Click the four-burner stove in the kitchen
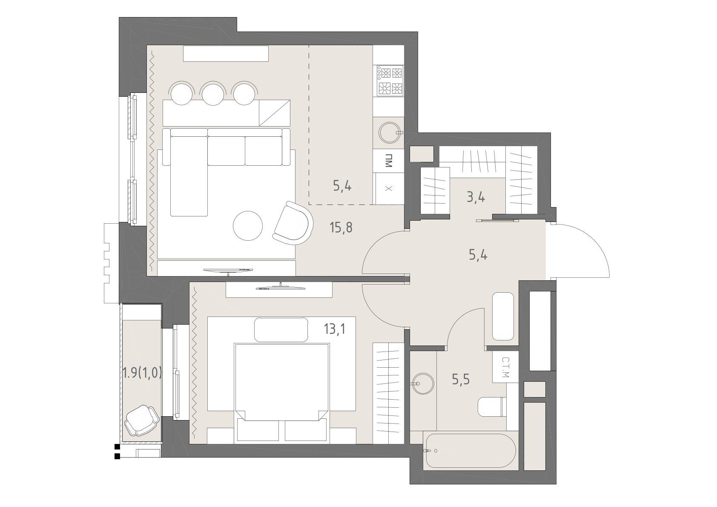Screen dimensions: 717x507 coord(390,81)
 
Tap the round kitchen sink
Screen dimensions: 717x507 coord(390,132)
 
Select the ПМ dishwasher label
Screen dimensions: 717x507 coord(388,161)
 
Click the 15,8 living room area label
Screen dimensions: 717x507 coord(341,228)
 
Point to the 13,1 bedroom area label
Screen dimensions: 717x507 coord(335,329)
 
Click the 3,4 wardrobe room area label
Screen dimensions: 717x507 coord(476,197)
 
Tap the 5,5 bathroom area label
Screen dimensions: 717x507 coord(461,380)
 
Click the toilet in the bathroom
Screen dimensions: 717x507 coord(492,407)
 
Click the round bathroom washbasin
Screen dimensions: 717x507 coord(423,383)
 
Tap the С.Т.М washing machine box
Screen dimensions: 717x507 coord(505,367)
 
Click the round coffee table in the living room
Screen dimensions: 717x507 coord(248,226)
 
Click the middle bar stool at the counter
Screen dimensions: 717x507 coord(213,93)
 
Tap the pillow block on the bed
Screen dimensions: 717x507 coord(281,330)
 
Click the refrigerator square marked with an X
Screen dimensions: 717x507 coord(389,188)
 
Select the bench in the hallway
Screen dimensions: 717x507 coord(503,316)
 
